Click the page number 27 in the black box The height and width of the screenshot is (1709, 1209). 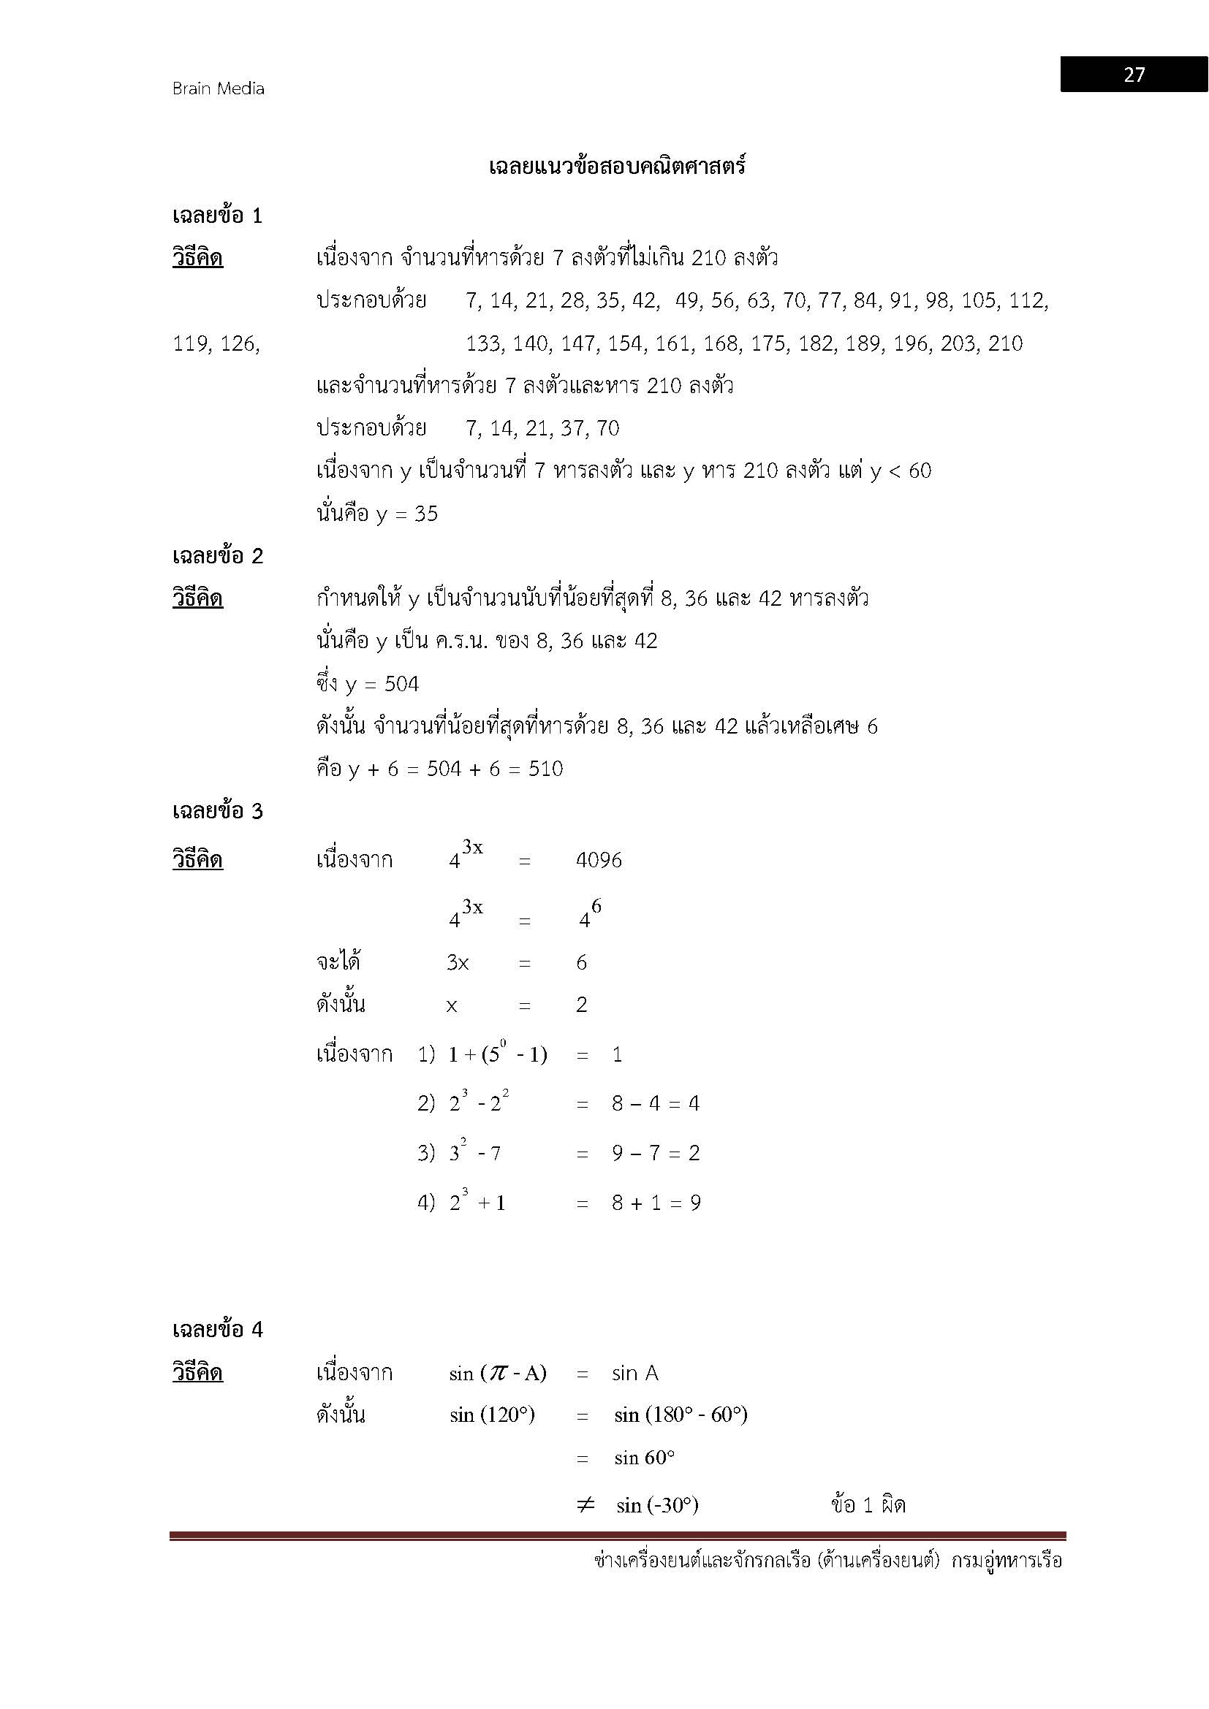[x=1133, y=75]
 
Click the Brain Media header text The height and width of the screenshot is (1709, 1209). [x=218, y=88]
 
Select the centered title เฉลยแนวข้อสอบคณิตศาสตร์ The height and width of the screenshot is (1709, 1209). [x=617, y=167]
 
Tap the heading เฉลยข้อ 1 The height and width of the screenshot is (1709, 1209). [x=217, y=216]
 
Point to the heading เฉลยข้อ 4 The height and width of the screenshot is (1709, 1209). [x=217, y=1329]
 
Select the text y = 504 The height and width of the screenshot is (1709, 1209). [x=382, y=685]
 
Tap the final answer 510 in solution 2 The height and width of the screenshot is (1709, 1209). [x=546, y=769]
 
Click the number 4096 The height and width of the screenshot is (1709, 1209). [x=599, y=861]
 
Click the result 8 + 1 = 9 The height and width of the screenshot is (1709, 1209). [x=656, y=1203]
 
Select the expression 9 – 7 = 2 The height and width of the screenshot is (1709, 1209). [x=655, y=1154]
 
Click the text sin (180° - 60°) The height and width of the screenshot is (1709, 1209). [x=681, y=1415]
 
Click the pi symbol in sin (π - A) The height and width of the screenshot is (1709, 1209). [x=493, y=1374]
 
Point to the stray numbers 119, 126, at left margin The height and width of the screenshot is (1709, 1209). [x=216, y=344]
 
